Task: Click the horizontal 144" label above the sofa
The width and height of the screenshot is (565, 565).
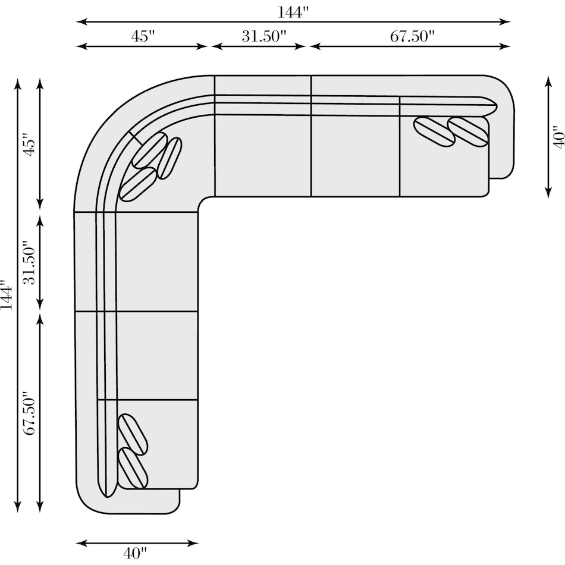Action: point(293,12)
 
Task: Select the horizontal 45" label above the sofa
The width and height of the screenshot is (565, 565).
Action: point(143,36)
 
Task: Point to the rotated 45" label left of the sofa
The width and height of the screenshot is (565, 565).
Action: point(29,145)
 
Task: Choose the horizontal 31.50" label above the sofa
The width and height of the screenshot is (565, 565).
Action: point(263,36)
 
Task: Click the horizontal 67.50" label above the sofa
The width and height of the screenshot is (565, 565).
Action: point(412,36)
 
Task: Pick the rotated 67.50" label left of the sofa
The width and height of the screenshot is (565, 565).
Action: point(29,413)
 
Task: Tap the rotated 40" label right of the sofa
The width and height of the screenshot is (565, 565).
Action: point(558,137)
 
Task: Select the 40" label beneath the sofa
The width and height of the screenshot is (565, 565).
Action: point(135,553)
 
